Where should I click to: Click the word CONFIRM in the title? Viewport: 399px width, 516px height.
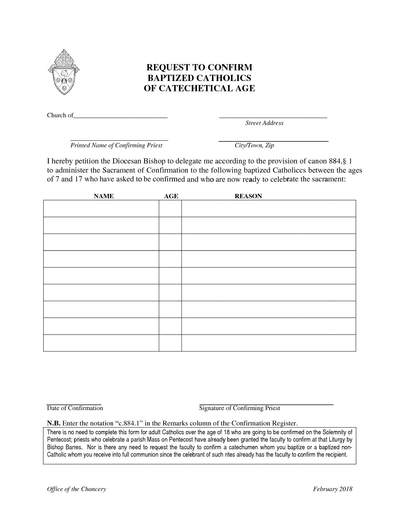(230, 67)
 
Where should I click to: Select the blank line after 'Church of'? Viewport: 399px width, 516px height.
(121, 116)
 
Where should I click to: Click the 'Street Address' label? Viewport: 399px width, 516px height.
(264, 123)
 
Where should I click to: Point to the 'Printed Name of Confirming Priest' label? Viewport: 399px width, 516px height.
(116, 145)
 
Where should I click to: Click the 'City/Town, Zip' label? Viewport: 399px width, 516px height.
(254, 145)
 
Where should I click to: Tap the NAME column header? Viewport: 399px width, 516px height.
(104, 196)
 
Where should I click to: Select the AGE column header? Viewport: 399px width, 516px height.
(171, 196)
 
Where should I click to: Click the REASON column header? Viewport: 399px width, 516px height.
(248, 196)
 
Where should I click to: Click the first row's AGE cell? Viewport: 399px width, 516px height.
(170, 209)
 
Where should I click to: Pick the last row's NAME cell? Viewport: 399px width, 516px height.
(101, 343)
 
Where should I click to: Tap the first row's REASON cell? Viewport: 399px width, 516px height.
(268, 209)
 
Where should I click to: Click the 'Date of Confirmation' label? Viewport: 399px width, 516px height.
(75, 408)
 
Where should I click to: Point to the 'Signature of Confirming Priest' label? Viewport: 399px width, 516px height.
(239, 408)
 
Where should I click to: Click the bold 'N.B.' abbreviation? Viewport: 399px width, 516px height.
(54, 424)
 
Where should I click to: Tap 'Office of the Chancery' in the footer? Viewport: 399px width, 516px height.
(76, 489)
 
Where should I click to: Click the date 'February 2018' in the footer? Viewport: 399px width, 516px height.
(333, 489)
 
